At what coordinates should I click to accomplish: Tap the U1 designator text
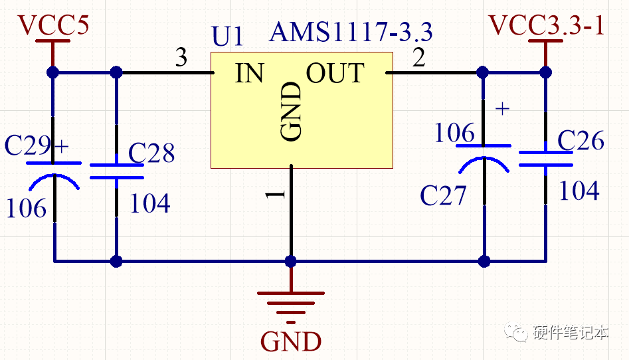click(228, 37)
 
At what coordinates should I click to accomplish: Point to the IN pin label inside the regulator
click(249, 73)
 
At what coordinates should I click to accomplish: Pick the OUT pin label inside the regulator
click(335, 73)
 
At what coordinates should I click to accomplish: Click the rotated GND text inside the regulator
click(292, 112)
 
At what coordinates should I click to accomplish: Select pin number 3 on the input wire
click(181, 58)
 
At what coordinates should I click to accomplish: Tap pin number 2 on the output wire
click(418, 58)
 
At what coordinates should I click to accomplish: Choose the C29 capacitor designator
click(31, 145)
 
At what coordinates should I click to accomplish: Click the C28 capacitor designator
click(151, 153)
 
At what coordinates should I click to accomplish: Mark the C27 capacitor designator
click(443, 195)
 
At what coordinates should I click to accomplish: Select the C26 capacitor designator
click(581, 140)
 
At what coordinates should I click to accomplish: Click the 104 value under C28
click(149, 203)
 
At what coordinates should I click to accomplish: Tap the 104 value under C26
click(579, 191)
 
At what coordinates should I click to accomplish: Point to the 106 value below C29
click(27, 209)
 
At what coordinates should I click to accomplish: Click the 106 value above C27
click(454, 134)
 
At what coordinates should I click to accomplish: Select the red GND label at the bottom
click(291, 341)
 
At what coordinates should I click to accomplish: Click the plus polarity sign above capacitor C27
click(503, 108)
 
